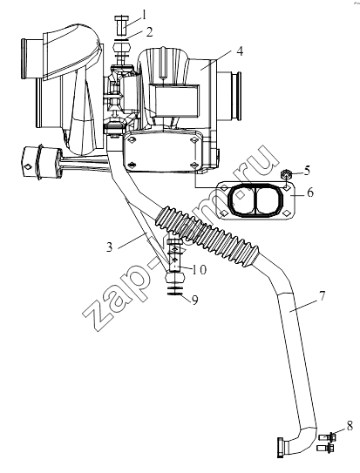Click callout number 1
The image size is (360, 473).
point(144,14)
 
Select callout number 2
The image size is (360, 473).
point(149,32)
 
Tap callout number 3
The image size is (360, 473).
point(109,247)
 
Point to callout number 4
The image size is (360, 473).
point(240,51)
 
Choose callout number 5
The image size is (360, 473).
point(307,171)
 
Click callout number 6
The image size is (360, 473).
point(310,193)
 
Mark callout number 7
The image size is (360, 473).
point(322,295)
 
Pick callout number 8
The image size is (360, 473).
point(350,426)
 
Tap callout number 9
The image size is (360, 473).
point(195,301)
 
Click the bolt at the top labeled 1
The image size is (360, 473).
point(122,26)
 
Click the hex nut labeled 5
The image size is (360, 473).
point(285,174)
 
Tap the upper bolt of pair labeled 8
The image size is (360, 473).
point(328,436)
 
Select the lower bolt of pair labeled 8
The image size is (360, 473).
point(325,448)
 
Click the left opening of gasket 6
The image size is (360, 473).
point(242,199)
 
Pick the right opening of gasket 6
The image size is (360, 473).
point(268,199)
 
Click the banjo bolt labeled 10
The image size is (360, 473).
point(174,255)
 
